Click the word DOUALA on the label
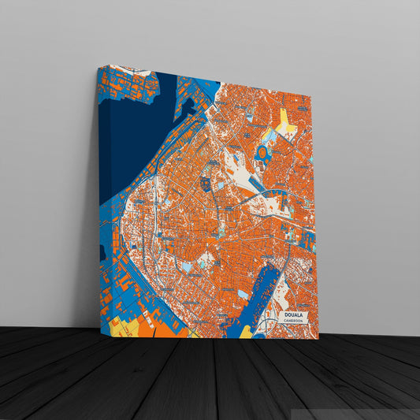tap(293, 314)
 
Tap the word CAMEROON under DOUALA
tap(293, 322)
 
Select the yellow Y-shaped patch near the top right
tap(286, 121)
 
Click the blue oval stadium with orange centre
tap(262, 151)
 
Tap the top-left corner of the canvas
tap(98, 65)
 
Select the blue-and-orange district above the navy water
tap(126, 84)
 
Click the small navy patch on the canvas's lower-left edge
tap(102, 253)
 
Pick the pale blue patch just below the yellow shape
tap(273, 136)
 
